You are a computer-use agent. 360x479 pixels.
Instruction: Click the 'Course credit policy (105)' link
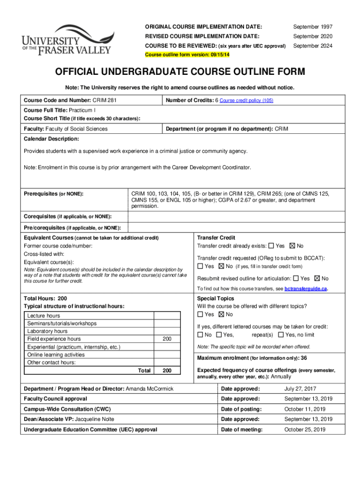(x=246, y=101)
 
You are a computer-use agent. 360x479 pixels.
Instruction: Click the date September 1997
(x=313, y=26)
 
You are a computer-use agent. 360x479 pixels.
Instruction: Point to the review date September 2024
(x=313, y=46)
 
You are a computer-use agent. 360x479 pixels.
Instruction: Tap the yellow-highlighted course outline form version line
(x=187, y=55)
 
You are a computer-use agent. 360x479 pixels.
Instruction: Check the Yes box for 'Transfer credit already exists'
(x=272, y=246)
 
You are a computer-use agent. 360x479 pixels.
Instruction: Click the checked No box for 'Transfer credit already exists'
(x=293, y=246)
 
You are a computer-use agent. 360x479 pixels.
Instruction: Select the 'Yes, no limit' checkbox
(x=281, y=335)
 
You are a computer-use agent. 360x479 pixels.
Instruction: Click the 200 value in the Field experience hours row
(x=166, y=339)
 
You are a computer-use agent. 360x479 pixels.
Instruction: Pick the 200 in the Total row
(x=166, y=370)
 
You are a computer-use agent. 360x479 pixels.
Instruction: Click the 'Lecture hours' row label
(x=43, y=316)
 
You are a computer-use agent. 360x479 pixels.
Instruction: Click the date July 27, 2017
(x=300, y=389)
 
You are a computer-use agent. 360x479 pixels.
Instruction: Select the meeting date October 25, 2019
(x=305, y=429)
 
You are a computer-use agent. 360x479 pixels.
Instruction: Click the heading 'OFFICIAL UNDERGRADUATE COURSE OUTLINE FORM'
(x=180, y=72)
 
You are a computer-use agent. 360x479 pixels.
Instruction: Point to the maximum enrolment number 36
(x=303, y=358)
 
